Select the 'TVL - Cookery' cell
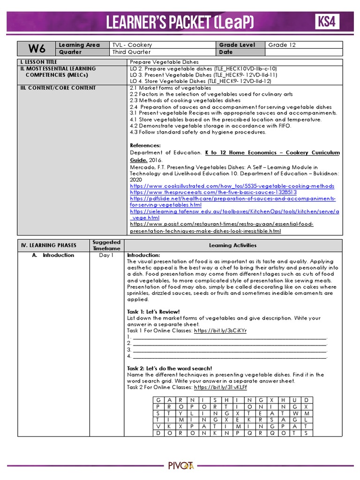[x=132, y=45]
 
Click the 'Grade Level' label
[x=237, y=45]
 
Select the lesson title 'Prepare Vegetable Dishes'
[x=164, y=62]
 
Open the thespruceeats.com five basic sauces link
[x=213, y=192]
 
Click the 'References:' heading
[x=145, y=145]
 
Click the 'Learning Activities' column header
[x=232, y=245]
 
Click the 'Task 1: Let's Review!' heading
[x=153, y=312]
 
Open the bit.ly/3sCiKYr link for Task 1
[x=220, y=330]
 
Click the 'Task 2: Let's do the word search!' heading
[x=169, y=368]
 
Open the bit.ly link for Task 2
[x=220, y=388]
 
